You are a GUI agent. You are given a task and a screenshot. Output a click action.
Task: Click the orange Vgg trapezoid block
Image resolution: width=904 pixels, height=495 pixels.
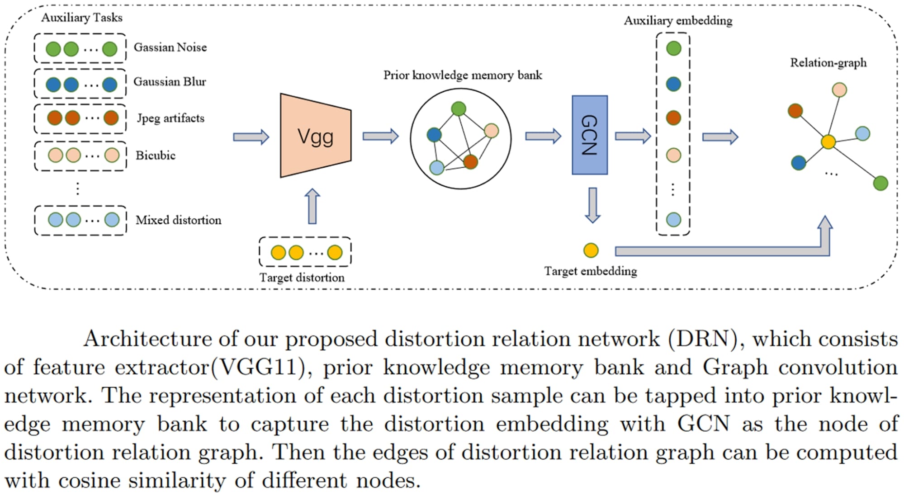coord(315,136)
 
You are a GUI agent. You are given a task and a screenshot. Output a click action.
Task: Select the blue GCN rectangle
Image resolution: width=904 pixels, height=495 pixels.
coord(589,135)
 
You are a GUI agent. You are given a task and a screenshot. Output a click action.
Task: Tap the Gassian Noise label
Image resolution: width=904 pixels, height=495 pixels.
coord(170,47)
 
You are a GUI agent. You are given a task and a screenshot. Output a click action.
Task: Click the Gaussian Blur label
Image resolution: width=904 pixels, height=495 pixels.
coord(170,82)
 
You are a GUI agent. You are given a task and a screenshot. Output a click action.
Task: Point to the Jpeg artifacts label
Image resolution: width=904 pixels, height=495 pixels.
coord(170,118)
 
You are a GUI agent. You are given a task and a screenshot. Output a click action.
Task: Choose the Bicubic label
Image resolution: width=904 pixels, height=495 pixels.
coord(155,156)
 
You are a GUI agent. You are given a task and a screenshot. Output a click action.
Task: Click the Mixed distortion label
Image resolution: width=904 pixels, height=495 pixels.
coord(178,220)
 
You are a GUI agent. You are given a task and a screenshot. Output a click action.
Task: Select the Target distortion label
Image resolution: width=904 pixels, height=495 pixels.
coord(302,278)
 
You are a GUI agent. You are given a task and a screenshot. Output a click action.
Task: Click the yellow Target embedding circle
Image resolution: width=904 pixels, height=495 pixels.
coord(591,250)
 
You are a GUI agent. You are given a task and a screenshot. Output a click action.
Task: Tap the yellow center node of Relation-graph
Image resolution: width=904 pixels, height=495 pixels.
coord(828,142)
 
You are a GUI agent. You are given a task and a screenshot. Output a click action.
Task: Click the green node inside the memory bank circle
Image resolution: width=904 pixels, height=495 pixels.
coord(458,108)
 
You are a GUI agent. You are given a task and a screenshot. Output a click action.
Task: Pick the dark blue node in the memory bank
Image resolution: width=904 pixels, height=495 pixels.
coord(434,134)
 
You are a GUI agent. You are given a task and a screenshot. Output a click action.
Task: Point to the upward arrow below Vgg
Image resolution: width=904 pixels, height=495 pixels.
coord(312,206)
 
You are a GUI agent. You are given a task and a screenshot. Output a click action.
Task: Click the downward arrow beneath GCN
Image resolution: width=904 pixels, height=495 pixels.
coord(592,205)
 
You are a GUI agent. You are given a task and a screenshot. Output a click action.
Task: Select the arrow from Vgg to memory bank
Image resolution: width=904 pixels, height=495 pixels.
coord(380,136)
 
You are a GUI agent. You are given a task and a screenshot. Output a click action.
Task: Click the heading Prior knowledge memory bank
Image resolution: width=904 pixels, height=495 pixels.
coord(462,75)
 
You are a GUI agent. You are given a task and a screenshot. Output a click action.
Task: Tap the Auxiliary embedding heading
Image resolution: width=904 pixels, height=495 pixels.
coord(677,21)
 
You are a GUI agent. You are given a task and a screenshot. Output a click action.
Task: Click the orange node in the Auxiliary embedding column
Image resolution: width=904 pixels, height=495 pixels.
coord(673,118)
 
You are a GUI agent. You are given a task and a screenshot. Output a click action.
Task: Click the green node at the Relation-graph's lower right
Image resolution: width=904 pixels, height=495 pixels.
coord(880,183)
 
